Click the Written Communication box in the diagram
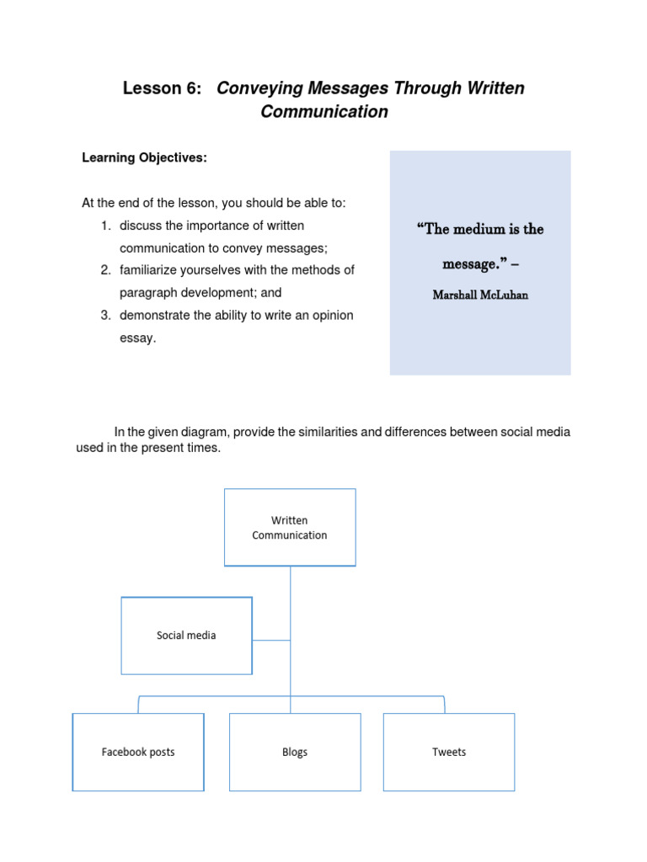[290, 528]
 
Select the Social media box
[186, 636]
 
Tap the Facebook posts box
[138, 752]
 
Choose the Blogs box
[295, 752]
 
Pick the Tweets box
[449, 752]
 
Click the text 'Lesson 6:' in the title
[163, 88]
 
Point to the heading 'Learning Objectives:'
[144, 157]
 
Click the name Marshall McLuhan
[480, 295]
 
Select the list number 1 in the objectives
[105, 226]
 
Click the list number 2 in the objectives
[105, 270]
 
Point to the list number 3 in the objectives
[105, 316]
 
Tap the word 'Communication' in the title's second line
[324, 112]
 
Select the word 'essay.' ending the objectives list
[138, 338]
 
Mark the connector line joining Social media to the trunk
[271, 640]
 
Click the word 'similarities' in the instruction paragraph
[324, 432]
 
